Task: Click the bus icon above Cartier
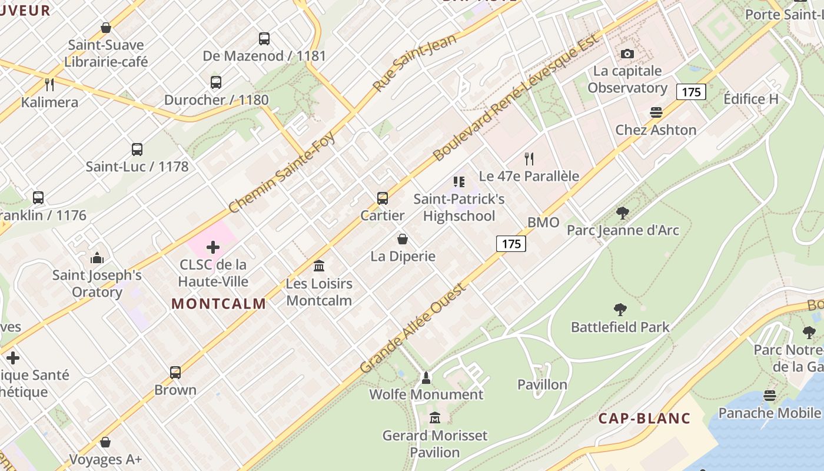[x=383, y=198]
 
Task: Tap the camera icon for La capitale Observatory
[x=627, y=54]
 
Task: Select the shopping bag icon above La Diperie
[x=403, y=239]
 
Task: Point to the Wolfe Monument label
[x=426, y=394]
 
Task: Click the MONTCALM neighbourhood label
[x=219, y=304]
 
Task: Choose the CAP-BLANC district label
[x=644, y=419]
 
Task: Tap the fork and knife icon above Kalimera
[x=49, y=85]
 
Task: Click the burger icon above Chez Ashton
[x=656, y=112]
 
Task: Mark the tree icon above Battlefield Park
[x=620, y=310]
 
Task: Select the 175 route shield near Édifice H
[x=691, y=92]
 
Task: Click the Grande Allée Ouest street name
[x=413, y=327]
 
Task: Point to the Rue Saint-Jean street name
[x=414, y=62]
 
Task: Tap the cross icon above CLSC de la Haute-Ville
[x=213, y=247]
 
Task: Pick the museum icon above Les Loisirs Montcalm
[x=319, y=266]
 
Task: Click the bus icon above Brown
[x=175, y=373]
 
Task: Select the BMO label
[x=543, y=223]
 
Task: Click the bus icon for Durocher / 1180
[x=216, y=82]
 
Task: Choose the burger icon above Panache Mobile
[x=770, y=396]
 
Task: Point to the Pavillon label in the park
[x=542, y=384]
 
